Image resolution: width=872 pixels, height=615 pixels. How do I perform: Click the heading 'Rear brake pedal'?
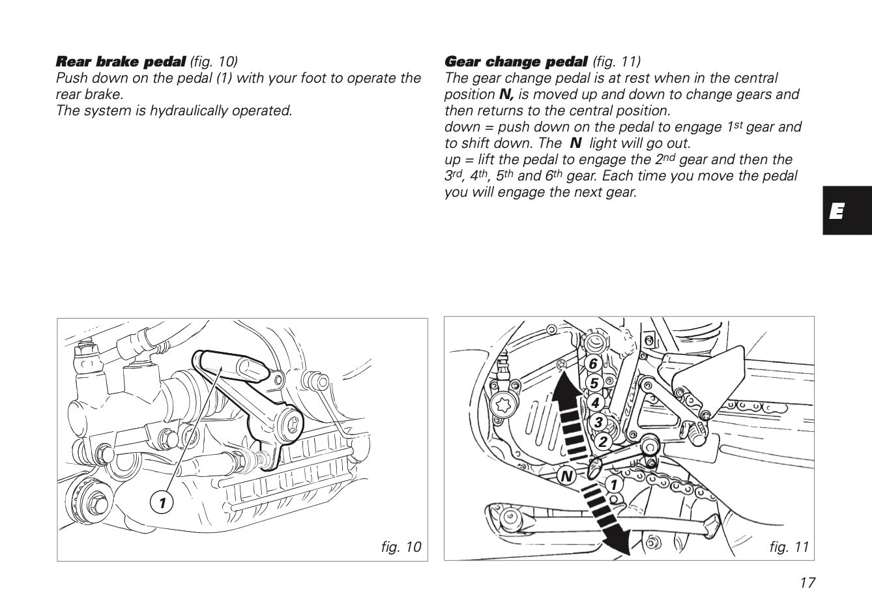[121, 62]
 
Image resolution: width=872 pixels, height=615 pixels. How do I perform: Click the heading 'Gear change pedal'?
[516, 62]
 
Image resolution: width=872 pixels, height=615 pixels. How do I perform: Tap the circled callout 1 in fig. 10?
[162, 502]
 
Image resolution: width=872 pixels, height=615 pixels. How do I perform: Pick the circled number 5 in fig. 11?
[594, 383]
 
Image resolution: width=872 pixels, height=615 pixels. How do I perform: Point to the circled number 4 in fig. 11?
[595, 403]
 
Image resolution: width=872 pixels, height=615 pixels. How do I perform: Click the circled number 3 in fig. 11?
[598, 422]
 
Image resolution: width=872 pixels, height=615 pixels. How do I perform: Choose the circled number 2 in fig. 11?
[603, 442]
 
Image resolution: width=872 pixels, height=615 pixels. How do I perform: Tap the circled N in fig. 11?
[566, 476]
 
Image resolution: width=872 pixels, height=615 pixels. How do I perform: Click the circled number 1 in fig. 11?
[613, 484]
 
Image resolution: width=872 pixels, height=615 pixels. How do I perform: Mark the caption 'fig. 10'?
[401, 547]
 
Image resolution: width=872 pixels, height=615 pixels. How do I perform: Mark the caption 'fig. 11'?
[789, 547]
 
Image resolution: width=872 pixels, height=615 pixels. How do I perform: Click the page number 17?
[807, 582]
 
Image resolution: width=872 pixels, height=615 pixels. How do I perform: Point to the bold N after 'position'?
[506, 94]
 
